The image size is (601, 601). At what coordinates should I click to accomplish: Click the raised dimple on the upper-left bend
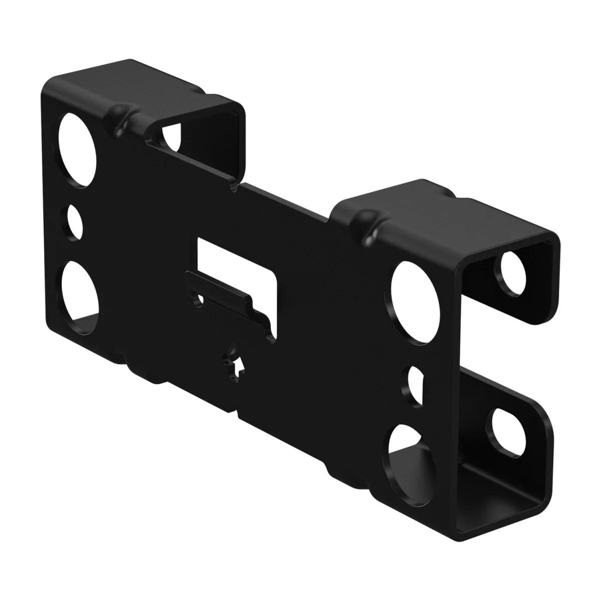tap(119, 116)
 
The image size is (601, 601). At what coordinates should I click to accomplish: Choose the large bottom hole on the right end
tap(406, 453)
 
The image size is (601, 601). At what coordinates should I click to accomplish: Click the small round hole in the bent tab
tap(198, 299)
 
